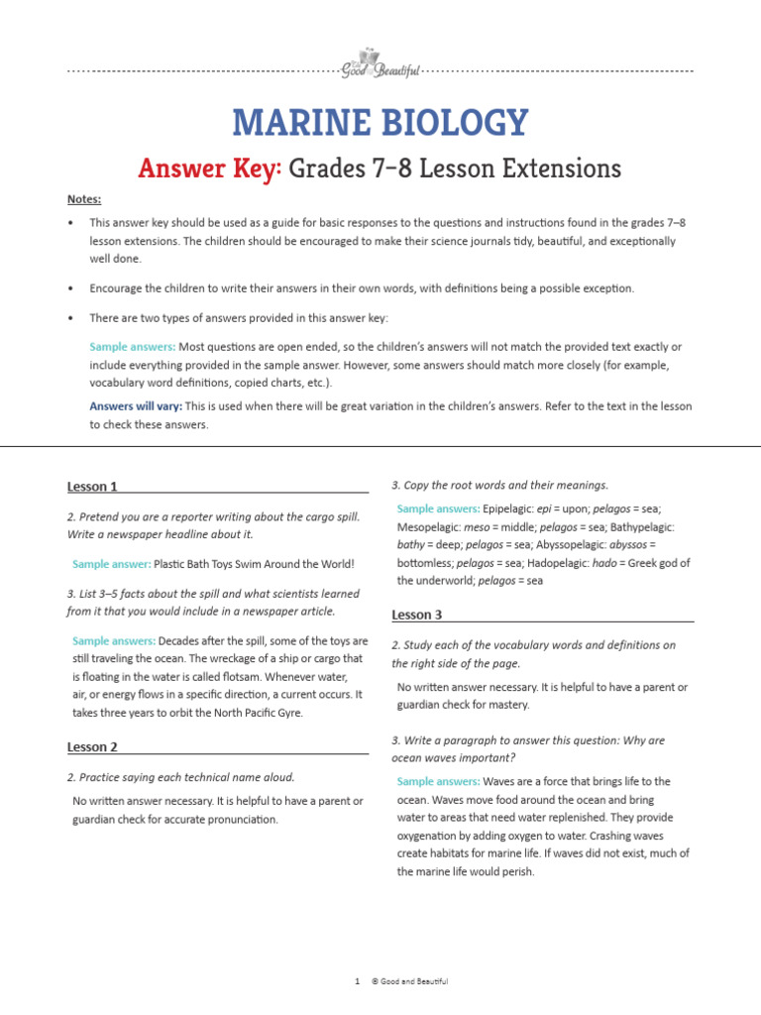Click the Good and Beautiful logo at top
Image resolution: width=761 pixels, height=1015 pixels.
(x=380, y=64)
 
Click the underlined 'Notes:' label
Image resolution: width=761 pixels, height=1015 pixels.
(x=84, y=199)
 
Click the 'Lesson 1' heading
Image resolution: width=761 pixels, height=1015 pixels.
(x=92, y=487)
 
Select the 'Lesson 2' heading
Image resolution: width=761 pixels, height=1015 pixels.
(x=92, y=747)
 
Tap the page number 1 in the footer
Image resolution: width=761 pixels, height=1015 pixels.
(x=356, y=981)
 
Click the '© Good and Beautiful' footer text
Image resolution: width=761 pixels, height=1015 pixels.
(x=409, y=981)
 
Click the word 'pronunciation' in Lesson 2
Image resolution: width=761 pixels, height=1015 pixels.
(x=238, y=820)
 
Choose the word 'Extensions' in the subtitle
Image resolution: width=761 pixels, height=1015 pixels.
(x=559, y=169)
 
